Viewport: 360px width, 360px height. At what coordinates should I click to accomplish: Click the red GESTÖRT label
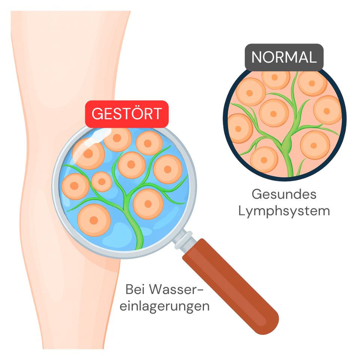pyautogui.click(x=127, y=113)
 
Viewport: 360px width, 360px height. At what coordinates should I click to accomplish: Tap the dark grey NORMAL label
pyautogui.click(x=284, y=57)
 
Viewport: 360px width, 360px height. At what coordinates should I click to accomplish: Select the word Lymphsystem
pyautogui.click(x=284, y=211)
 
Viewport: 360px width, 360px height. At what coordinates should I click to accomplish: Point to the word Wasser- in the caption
pyautogui.click(x=177, y=289)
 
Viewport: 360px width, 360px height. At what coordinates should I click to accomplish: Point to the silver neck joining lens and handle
pyautogui.click(x=183, y=240)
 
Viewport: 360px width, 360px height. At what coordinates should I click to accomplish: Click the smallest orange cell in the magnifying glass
pyautogui.click(x=101, y=182)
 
